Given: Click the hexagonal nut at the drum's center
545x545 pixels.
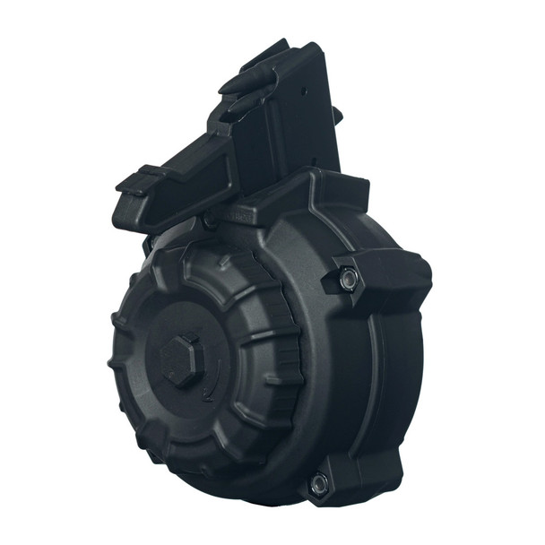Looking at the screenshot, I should pos(182,359).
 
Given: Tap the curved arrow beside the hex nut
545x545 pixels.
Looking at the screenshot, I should pos(210,381).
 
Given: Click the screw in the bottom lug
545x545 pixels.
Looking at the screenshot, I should pos(317,485).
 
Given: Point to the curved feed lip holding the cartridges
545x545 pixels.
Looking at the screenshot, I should pos(255,72).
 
